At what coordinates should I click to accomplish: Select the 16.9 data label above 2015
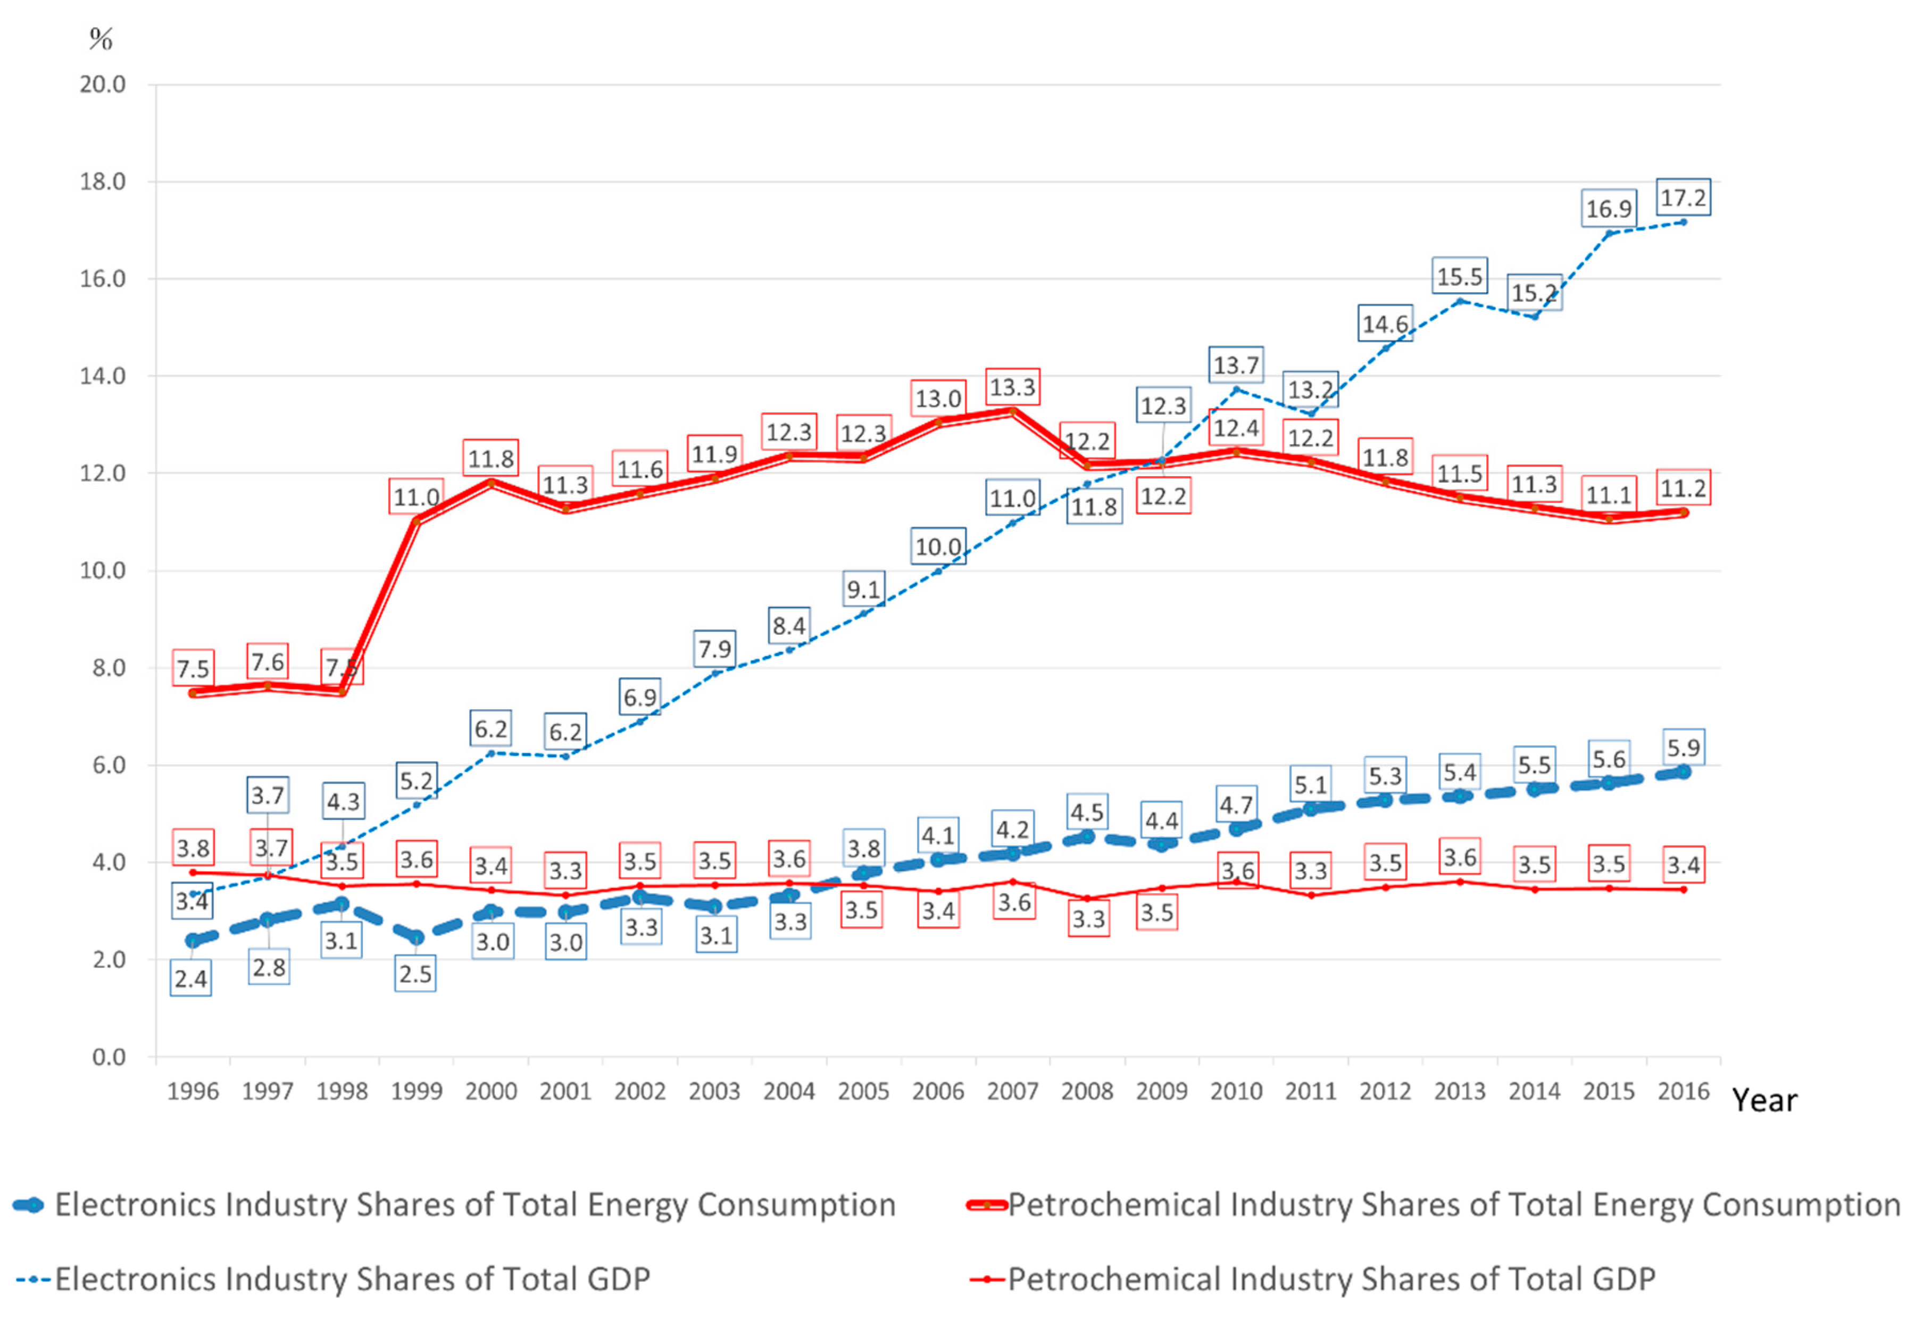point(1608,209)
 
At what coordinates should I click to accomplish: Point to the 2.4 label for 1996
point(190,979)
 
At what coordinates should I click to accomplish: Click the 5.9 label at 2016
point(1683,748)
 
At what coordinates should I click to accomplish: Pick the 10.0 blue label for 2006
point(938,546)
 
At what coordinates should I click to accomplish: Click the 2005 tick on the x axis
point(863,1091)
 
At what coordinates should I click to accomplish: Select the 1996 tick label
point(192,1091)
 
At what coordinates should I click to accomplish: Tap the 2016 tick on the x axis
point(1683,1091)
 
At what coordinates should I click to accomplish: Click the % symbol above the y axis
point(101,38)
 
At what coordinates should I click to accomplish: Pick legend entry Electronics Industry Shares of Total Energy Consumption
point(474,1205)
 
